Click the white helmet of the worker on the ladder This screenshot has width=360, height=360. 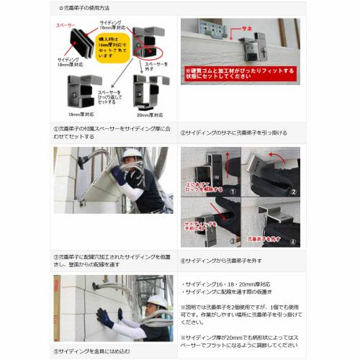pyautogui.click(x=131, y=154)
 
